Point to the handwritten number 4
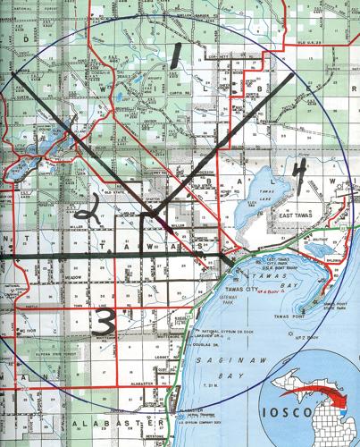point(303,173)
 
